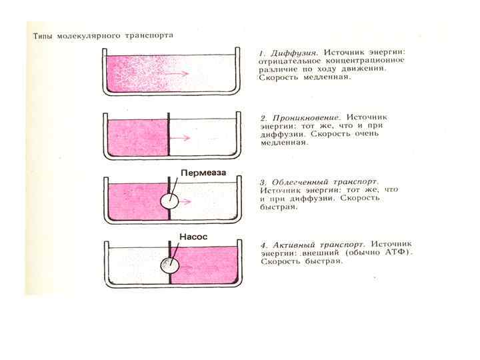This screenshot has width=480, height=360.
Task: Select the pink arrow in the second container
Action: [x=181, y=138]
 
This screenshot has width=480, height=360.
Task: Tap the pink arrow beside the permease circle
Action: [x=191, y=200]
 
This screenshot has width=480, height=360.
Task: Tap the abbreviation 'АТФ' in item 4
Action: [x=399, y=253]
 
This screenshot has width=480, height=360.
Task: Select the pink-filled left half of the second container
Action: [x=137, y=138]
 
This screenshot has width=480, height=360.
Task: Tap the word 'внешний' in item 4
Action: [x=319, y=253]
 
